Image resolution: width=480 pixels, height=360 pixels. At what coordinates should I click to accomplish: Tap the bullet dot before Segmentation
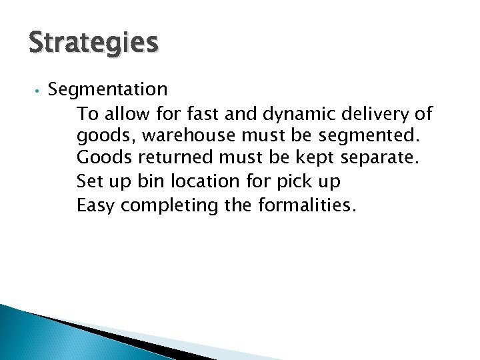click(39, 90)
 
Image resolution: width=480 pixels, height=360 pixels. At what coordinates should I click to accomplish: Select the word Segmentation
click(108, 89)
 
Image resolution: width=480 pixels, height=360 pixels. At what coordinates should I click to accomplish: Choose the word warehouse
click(181, 137)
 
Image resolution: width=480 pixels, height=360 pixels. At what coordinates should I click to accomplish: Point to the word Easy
click(97, 205)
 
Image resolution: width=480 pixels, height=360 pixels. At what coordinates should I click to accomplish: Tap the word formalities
click(304, 205)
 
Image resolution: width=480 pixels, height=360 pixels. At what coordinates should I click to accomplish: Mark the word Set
click(90, 182)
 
